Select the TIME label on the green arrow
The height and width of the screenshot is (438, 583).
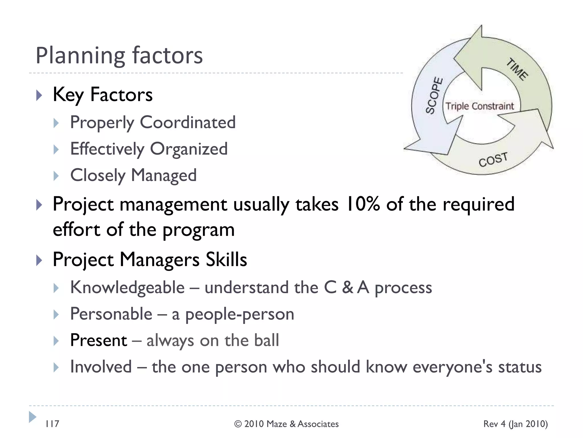pyautogui.click(x=517, y=69)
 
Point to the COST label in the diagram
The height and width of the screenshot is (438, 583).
pyautogui.click(x=493, y=159)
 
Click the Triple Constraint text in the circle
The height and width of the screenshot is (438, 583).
pyautogui.click(x=480, y=106)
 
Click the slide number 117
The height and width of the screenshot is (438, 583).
pyautogui.click(x=52, y=424)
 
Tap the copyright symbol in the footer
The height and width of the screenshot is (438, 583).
pyautogui.click(x=238, y=424)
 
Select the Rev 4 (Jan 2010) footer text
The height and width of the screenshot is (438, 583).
pyautogui.click(x=515, y=424)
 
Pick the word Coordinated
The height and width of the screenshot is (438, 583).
pyautogui.click(x=188, y=122)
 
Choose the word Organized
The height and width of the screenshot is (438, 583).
pyautogui.click(x=188, y=149)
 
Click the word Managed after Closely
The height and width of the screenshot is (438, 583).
pyautogui.click(x=164, y=175)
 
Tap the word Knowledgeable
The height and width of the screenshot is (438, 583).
pyautogui.click(x=128, y=287)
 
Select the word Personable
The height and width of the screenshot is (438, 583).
pyautogui.click(x=111, y=314)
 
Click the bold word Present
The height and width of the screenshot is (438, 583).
pyautogui.click(x=98, y=340)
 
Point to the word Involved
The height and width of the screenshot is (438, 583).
pyautogui.click(x=101, y=367)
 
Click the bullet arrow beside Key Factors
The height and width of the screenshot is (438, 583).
pyautogui.click(x=39, y=95)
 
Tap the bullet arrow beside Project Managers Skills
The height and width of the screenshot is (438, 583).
pyautogui.click(x=39, y=260)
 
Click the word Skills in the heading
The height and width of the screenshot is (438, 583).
pyautogui.click(x=226, y=259)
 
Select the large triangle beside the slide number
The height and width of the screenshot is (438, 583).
pyautogui.click(x=32, y=417)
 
